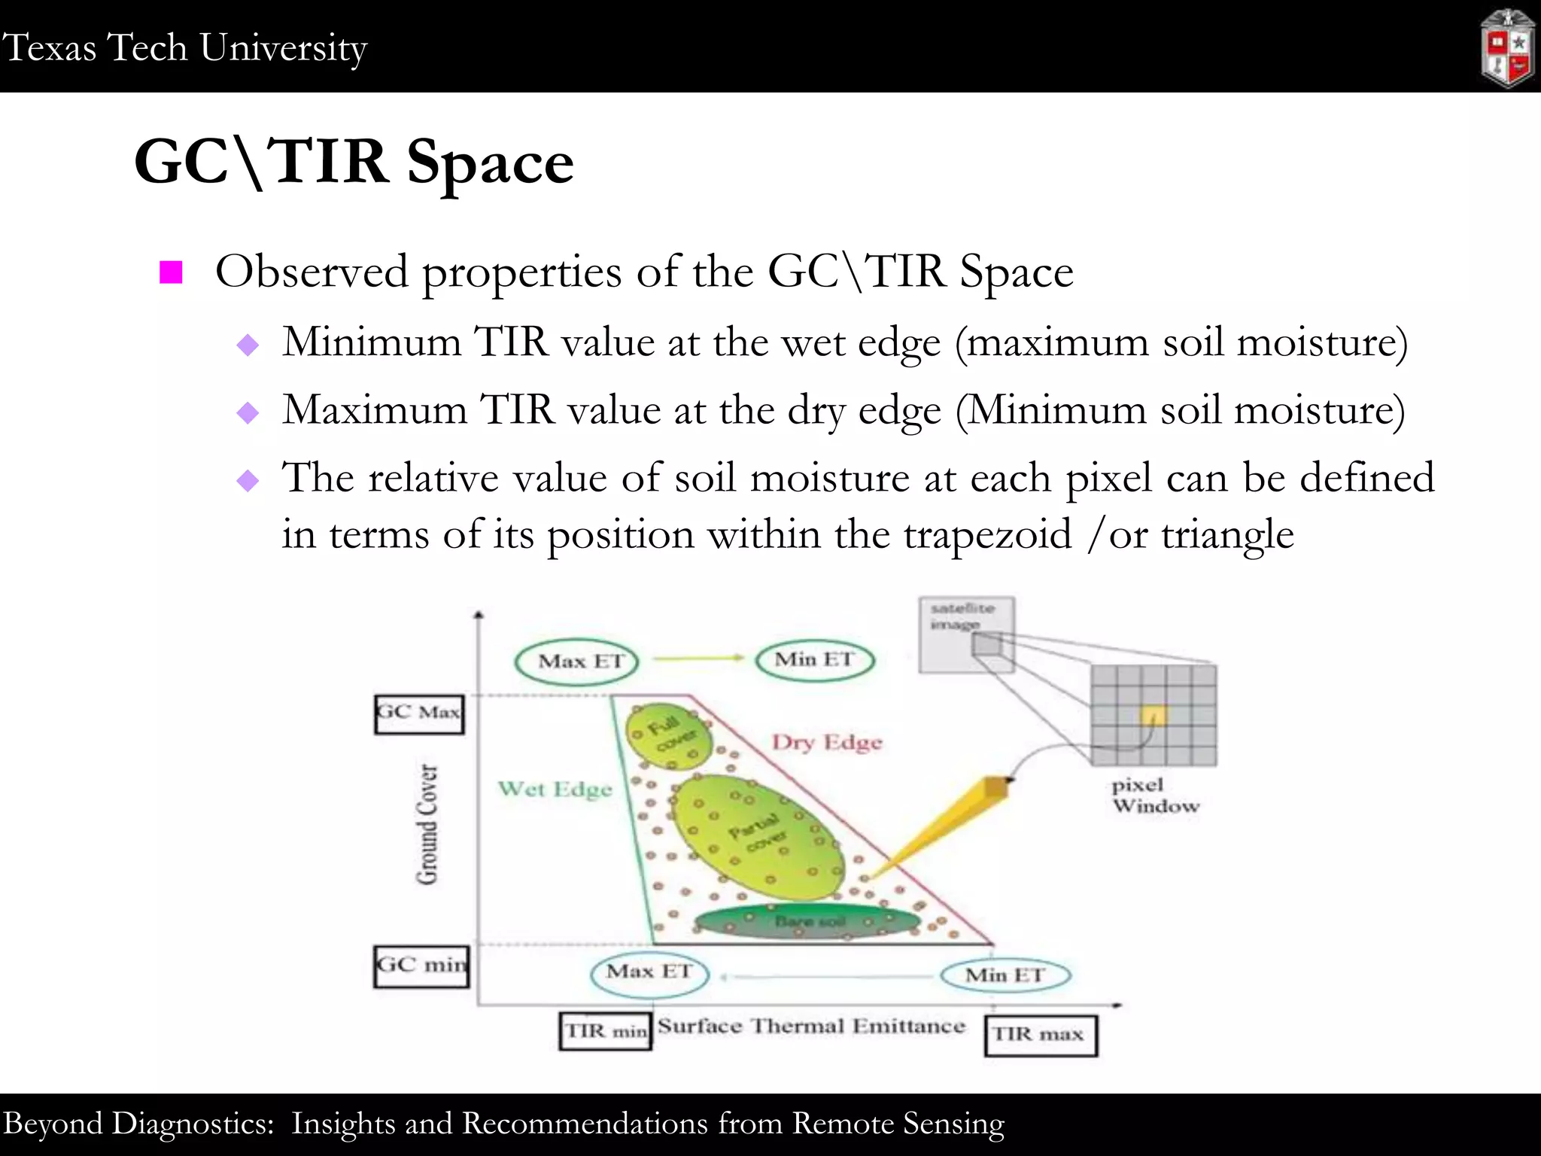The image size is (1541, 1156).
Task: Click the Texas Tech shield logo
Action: (x=1507, y=49)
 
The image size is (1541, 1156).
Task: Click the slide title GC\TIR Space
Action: (x=354, y=162)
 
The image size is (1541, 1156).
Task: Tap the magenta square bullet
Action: (x=172, y=272)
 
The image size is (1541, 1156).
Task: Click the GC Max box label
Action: (x=419, y=713)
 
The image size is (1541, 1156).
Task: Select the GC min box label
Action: (x=421, y=966)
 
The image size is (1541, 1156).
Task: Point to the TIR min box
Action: (x=605, y=1031)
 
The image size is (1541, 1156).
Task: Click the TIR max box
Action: (x=1040, y=1035)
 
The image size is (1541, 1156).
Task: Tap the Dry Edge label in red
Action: (x=826, y=742)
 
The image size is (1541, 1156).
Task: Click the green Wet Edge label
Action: (x=555, y=789)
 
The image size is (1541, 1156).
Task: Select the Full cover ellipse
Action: (x=669, y=736)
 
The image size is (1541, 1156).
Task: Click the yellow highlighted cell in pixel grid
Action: (x=1153, y=715)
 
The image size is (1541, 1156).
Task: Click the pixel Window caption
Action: (x=1155, y=796)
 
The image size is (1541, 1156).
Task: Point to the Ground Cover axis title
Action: (x=427, y=824)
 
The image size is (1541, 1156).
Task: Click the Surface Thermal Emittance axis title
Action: (x=811, y=1026)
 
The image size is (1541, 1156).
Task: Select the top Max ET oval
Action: (x=576, y=662)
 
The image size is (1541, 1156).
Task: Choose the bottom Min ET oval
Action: (x=1005, y=975)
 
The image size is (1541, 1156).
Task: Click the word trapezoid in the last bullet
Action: (x=987, y=534)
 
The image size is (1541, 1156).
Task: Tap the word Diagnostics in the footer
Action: (x=193, y=1123)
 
